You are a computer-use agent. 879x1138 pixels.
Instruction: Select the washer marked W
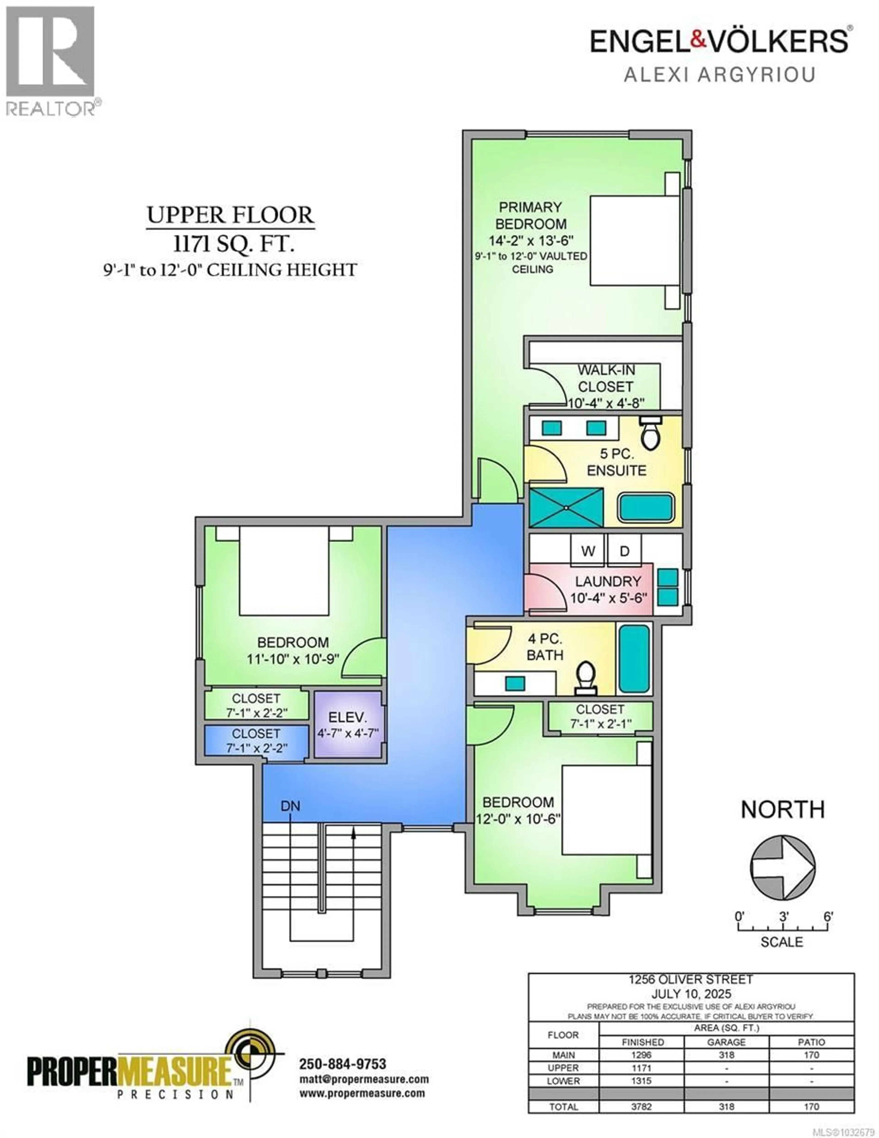(x=588, y=551)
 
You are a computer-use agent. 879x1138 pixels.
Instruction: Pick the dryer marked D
(x=624, y=551)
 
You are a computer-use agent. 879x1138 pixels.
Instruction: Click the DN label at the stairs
(x=290, y=806)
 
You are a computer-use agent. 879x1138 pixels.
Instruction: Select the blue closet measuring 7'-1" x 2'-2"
(x=256, y=740)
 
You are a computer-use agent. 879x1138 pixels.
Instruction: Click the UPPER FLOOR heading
(x=230, y=215)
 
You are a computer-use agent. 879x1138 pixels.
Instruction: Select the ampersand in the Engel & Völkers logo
(x=698, y=41)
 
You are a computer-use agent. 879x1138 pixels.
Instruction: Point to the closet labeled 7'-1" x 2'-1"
(x=600, y=717)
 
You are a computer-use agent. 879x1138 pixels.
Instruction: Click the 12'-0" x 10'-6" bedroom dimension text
(x=518, y=819)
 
